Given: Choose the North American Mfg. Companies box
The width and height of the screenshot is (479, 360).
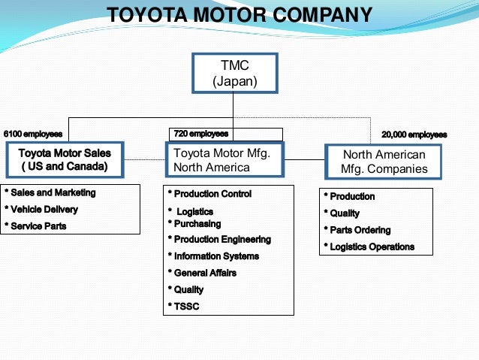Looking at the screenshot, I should (384, 162).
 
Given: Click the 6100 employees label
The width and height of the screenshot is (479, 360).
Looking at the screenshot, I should (33, 135).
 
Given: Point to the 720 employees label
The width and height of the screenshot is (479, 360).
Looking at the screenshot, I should (200, 134).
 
